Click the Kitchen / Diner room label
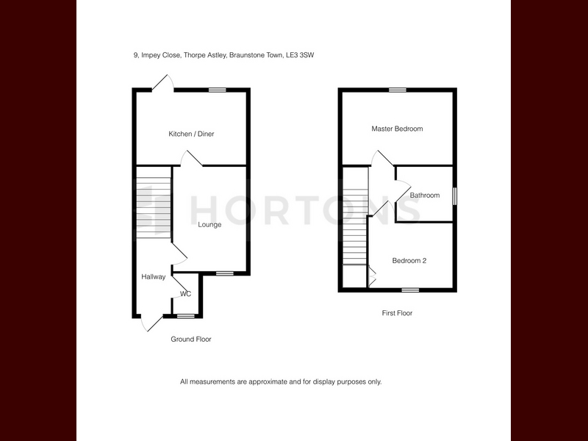[x=191, y=134]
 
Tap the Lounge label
[x=209, y=225]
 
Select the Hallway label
[x=154, y=277]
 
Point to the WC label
[x=186, y=293]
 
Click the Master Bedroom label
[x=397, y=129]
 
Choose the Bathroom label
[x=425, y=196]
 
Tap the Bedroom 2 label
[x=409, y=261]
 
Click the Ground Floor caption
[x=191, y=339]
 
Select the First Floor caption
[x=397, y=313]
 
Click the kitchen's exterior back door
[x=162, y=83]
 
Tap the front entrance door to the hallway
[x=152, y=323]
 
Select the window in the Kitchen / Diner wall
[x=218, y=90]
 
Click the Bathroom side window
[x=454, y=196]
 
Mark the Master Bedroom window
[x=398, y=90]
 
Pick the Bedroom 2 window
[x=411, y=290]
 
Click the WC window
[x=186, y=316]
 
